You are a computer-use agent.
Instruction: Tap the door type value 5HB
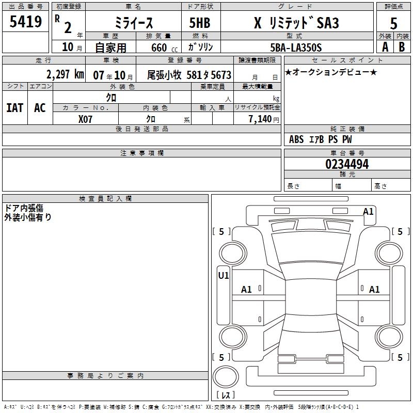click(x=199, y=22)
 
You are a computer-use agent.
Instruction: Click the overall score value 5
click(x=393, y=22)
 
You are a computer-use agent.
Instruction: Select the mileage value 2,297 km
click(x=65, y=74)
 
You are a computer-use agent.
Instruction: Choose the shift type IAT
click(x=14, y=108)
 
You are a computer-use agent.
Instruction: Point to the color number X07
click(x=86, y=119)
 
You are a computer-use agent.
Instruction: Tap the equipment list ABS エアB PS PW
click(x=320, y=139)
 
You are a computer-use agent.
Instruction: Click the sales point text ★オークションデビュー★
click(x=331, y=72)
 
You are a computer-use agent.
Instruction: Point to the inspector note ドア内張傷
click(x=24, y=208)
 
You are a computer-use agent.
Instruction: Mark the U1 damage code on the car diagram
click(x=223, y=276)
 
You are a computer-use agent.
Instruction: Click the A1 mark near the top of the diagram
click(x=368, y=212)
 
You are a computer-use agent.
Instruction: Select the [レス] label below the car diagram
click(x=228, y=395)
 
